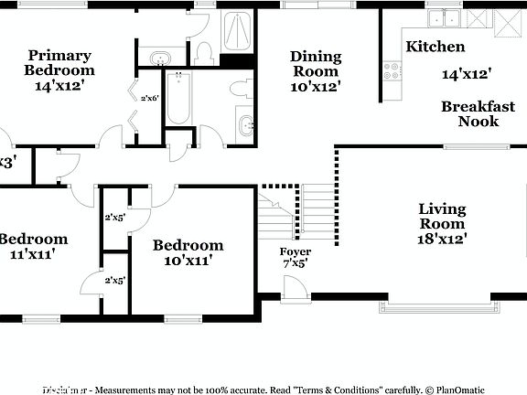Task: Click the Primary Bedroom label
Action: [59, 62]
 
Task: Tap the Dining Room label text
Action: [316, 64]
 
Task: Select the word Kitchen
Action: [436, 47]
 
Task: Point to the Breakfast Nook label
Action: [478, 113]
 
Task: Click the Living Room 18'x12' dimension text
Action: [442, 239]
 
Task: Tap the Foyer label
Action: [296, 251]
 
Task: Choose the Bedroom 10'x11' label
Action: [188, 252]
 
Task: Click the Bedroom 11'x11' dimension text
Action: [27, 253]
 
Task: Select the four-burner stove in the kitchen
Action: [393, 69]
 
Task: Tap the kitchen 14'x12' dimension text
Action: [467, 74]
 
